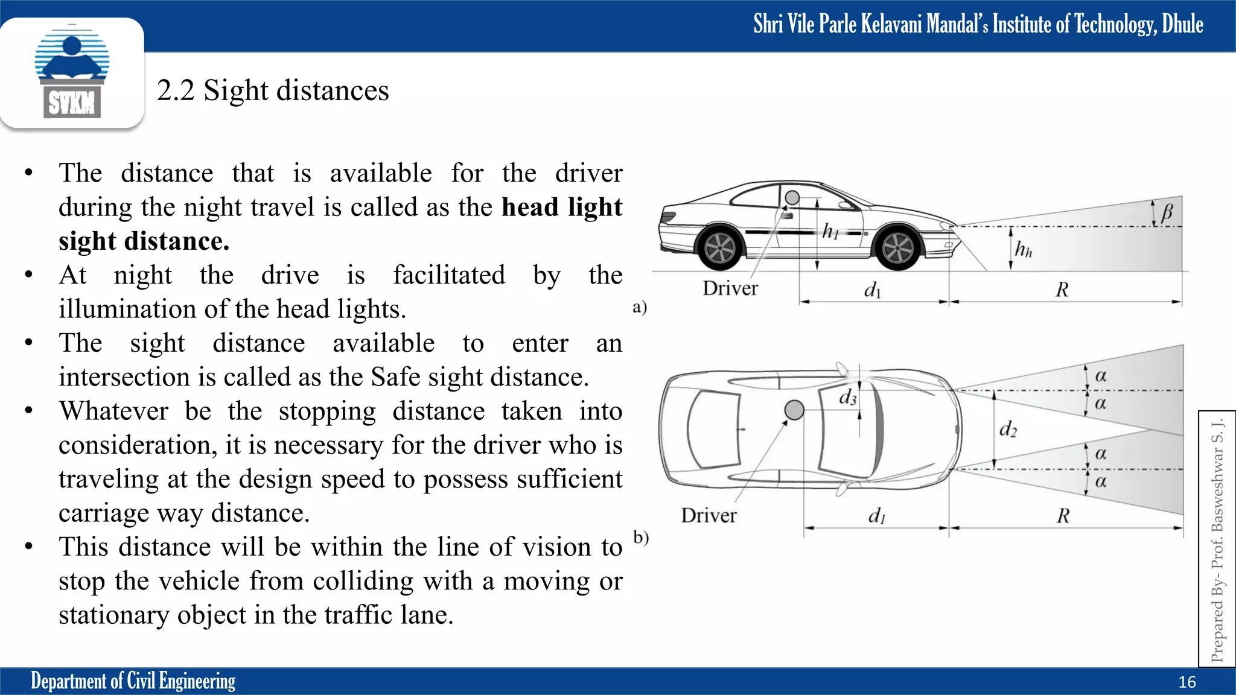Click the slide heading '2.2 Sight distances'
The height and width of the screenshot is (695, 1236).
tap(273, 90)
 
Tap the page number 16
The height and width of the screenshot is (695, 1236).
tap(1187, 682)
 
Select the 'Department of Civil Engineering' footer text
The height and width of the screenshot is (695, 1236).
tap(133, 681)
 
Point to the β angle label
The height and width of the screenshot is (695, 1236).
tap(1167, 212)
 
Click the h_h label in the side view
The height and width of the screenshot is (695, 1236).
tap(1023, 249)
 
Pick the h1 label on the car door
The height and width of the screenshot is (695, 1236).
tap(830, 230)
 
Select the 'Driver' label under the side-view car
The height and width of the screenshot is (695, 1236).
tap(730, 288)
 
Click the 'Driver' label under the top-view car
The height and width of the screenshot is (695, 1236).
tap(709, 515)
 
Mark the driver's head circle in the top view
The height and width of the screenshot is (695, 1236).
tap(794, 410)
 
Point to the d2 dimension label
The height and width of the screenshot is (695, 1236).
tap(1007, 429)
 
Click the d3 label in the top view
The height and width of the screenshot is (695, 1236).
tap(847, 397)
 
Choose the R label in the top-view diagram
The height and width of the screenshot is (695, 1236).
tap(1063, 516)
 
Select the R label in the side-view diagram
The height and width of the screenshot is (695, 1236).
tap(1062, 290)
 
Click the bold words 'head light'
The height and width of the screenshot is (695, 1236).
tap(561, 207)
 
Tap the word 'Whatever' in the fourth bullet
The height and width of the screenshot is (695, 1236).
tap(113, 411)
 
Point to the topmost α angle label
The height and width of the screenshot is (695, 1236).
tap(1101, 376)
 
